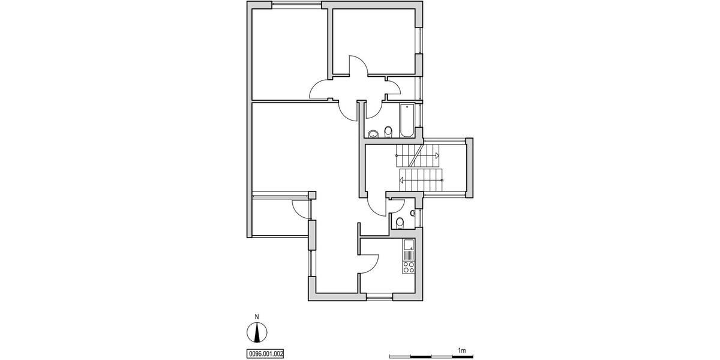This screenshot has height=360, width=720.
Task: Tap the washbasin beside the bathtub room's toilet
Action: pyautogui.click(x=373, y=133)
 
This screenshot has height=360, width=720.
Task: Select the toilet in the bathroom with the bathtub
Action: pyautogui.click(x=388, y=131)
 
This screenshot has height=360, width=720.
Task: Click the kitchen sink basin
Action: pyautogui.click(x=409, y=245)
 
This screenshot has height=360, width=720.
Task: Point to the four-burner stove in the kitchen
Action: pyautogui.click(x=409, y=266)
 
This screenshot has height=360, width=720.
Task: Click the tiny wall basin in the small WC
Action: pyautogui.click(x=413, y=213)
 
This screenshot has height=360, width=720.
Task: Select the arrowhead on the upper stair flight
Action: pyautogui.click(x=437, y=155)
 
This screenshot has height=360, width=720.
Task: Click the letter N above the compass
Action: pyautogui.click(x=257, y=317)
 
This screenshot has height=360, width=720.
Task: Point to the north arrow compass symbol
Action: pyautogui.click(x=257, y=332)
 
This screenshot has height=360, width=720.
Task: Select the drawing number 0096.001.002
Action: pyautogui.click(x=265, y=354)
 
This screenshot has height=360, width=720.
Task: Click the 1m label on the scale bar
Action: pyautogui.click(x=462, y=350)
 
